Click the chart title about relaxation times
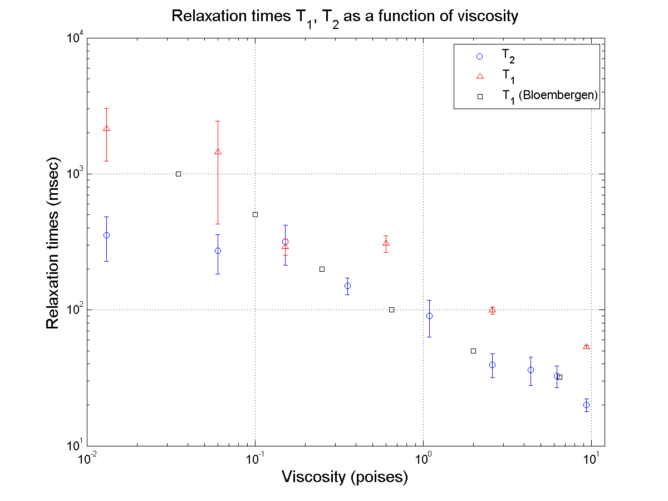point(345,17)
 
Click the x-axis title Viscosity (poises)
point(345,477)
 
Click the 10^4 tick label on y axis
point(75,38)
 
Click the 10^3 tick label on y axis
point(75,173)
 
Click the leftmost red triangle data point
point(106,129)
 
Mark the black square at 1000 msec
point(178,174)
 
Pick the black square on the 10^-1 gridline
point(255,214)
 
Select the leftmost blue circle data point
point(106,235)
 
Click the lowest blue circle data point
point(586,405)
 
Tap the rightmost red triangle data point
point(586,347)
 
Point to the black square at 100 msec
point(391,310)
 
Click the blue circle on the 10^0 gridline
point(429,316)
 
